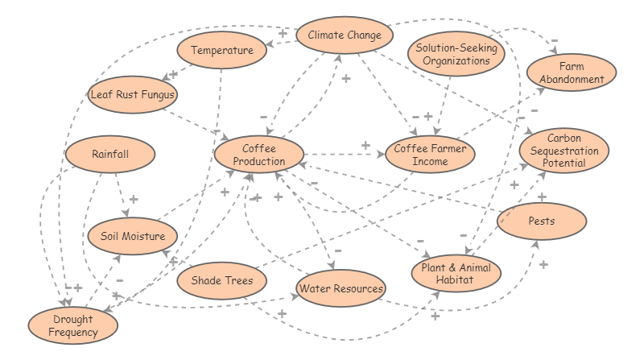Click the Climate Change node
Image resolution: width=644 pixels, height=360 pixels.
pyautogui.click(x=345, y=35)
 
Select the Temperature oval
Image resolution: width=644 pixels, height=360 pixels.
pyautogui.click(x=221, y=52)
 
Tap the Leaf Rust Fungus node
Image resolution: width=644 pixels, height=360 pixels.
pyautogui.click(x=133, y=94)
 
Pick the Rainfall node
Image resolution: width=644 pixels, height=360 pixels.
pyautogui.click(x=110, y=154)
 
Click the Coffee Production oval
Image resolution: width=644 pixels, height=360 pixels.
pyautogui.click(x=258, y=155)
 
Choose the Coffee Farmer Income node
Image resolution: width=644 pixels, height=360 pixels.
pyautogui.click(x=431, y=155)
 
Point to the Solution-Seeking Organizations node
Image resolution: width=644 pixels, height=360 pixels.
pyautogui.click(x=456, y=54)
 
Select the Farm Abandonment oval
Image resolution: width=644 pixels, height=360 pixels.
pyautogui.click(x=572, y=72)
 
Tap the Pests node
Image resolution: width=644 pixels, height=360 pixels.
pyautogui.click(x=541, y=220)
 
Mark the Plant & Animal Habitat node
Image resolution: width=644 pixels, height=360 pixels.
pyautogui.click(x=456, y=274)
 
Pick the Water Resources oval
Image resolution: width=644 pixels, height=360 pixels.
pyautogui.click(x=341, y=288)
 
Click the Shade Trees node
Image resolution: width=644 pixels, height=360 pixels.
pyautogui.click(x=221, y=281)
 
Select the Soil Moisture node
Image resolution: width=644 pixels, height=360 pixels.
pyautogui.click(x=132, y=236)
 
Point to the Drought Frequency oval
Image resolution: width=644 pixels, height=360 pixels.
pyautogui.click(x=72, y=325)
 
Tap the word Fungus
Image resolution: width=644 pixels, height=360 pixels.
pyautogui.click(x=153, y=94)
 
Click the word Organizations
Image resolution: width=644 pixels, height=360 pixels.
pyautogui.click(x=456, y=60)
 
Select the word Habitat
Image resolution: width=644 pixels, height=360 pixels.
pyautogui.click(x=456, y=280)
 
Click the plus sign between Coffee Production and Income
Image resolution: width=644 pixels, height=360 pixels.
pyautogui.click(x=365, y=145)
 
